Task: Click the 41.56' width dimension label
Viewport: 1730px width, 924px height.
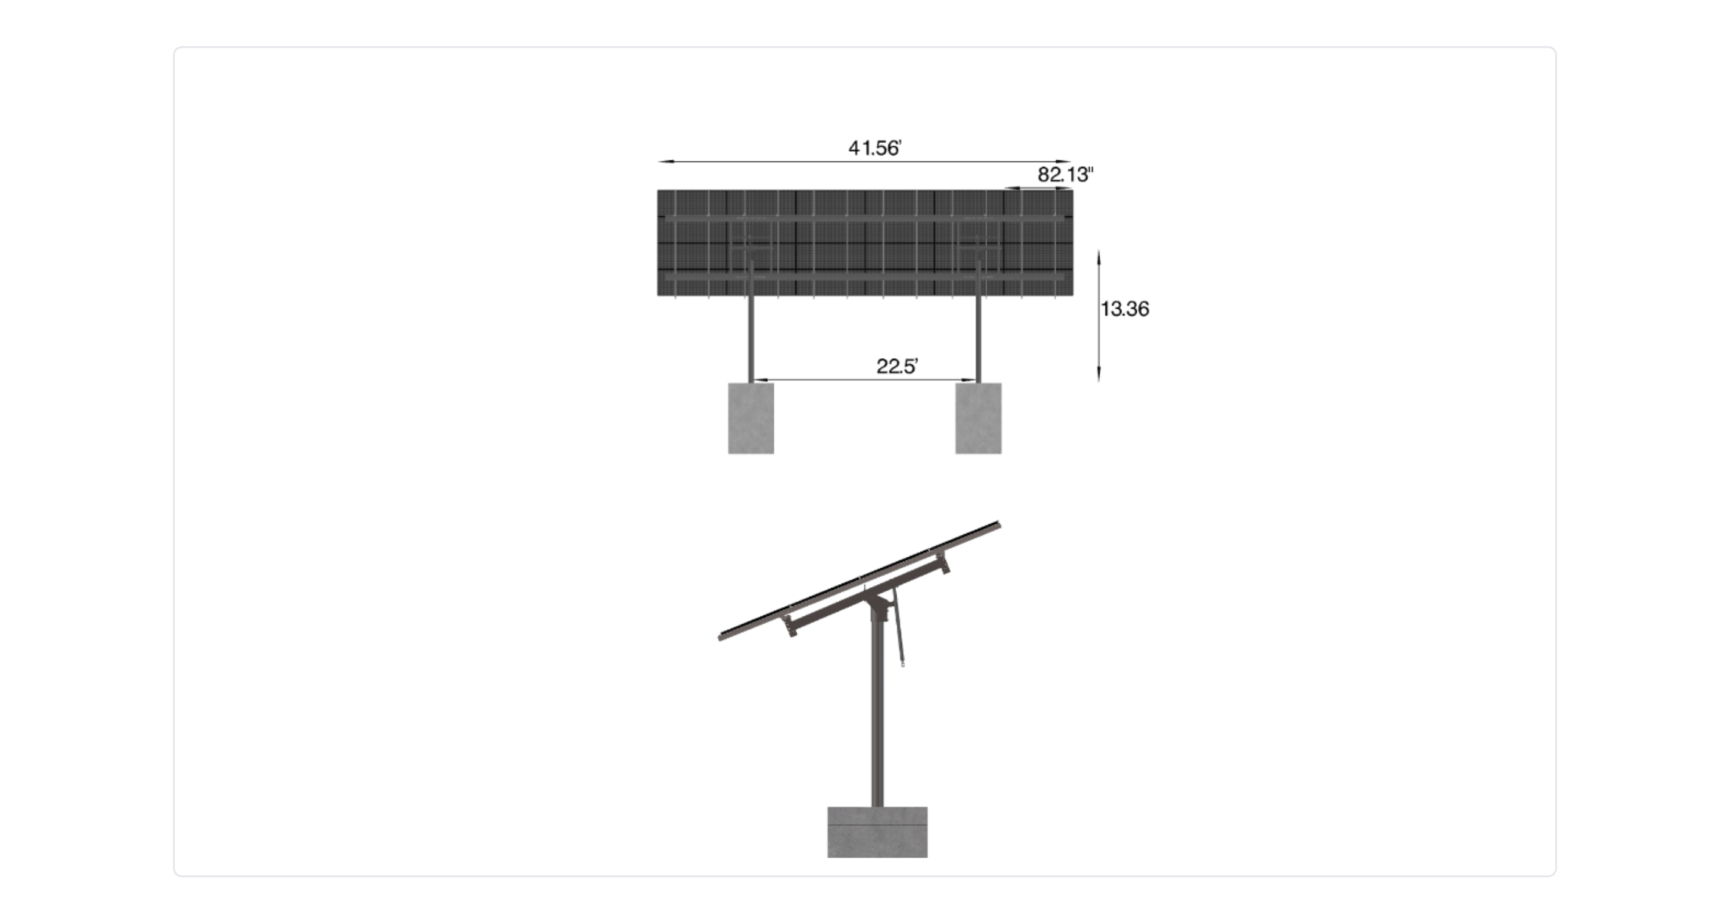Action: point(874,148)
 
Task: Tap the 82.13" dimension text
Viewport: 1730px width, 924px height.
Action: point(1064,175)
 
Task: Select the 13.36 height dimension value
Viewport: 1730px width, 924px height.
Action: point(1124,309)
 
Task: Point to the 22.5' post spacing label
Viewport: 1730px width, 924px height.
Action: point(897,366)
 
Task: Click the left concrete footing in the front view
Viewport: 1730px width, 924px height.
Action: point(751,418)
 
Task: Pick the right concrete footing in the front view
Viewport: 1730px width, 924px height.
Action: point(978,418)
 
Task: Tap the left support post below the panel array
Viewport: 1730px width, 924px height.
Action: point(751,339)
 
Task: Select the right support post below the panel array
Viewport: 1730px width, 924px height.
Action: point(978,339)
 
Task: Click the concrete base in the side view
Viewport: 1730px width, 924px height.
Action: point(877,832)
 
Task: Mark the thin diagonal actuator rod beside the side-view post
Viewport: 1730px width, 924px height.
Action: point(899,631)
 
